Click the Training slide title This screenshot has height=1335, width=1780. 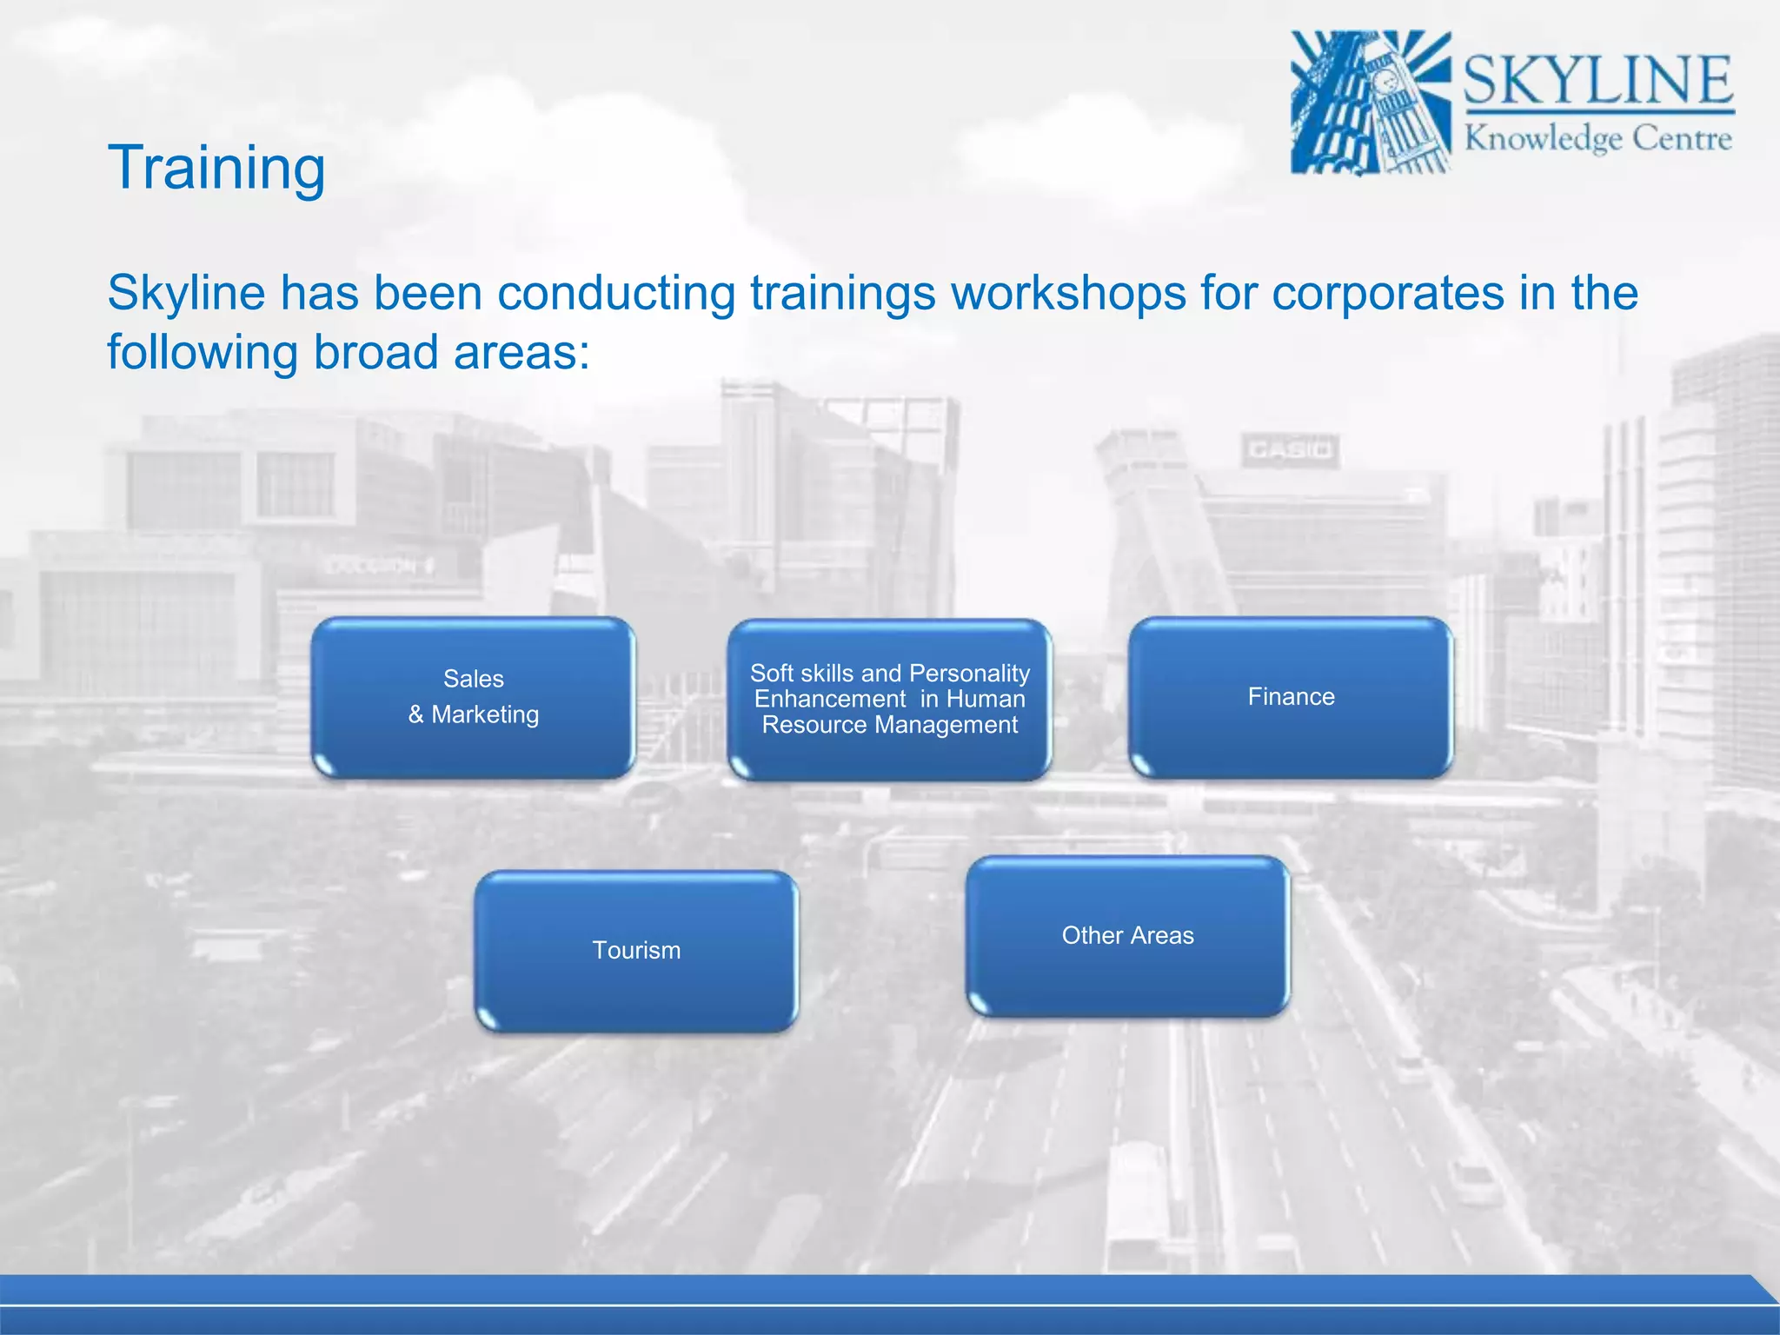click(x=216, y=168)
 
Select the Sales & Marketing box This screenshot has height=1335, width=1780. click(x=473, y=697)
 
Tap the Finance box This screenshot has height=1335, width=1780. click(x=1291, y=697)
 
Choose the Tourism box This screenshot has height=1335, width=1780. click(x=636, y=951)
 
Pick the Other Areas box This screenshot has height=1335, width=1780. click(x=1127, y=936)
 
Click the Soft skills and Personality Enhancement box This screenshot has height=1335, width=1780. click(x=889, y=700)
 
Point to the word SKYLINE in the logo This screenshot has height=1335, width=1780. click(x=1598, y=80)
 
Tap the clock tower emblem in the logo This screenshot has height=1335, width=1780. click(x=1371, y=103)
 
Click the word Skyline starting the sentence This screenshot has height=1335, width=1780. click(x=186, y=293)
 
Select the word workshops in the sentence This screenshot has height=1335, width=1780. click(x=1068, y=293)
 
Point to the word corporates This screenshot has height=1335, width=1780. click(x=1388, y=293)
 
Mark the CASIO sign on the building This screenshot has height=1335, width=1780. click(x=1290, y=450)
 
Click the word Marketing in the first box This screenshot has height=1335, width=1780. click(x=485, y=714)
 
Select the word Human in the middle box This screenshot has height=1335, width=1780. click(x=985, y=699)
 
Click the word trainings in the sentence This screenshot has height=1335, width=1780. click(x=842, y=293)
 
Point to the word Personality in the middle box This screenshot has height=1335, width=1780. click(x=970, y=674)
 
